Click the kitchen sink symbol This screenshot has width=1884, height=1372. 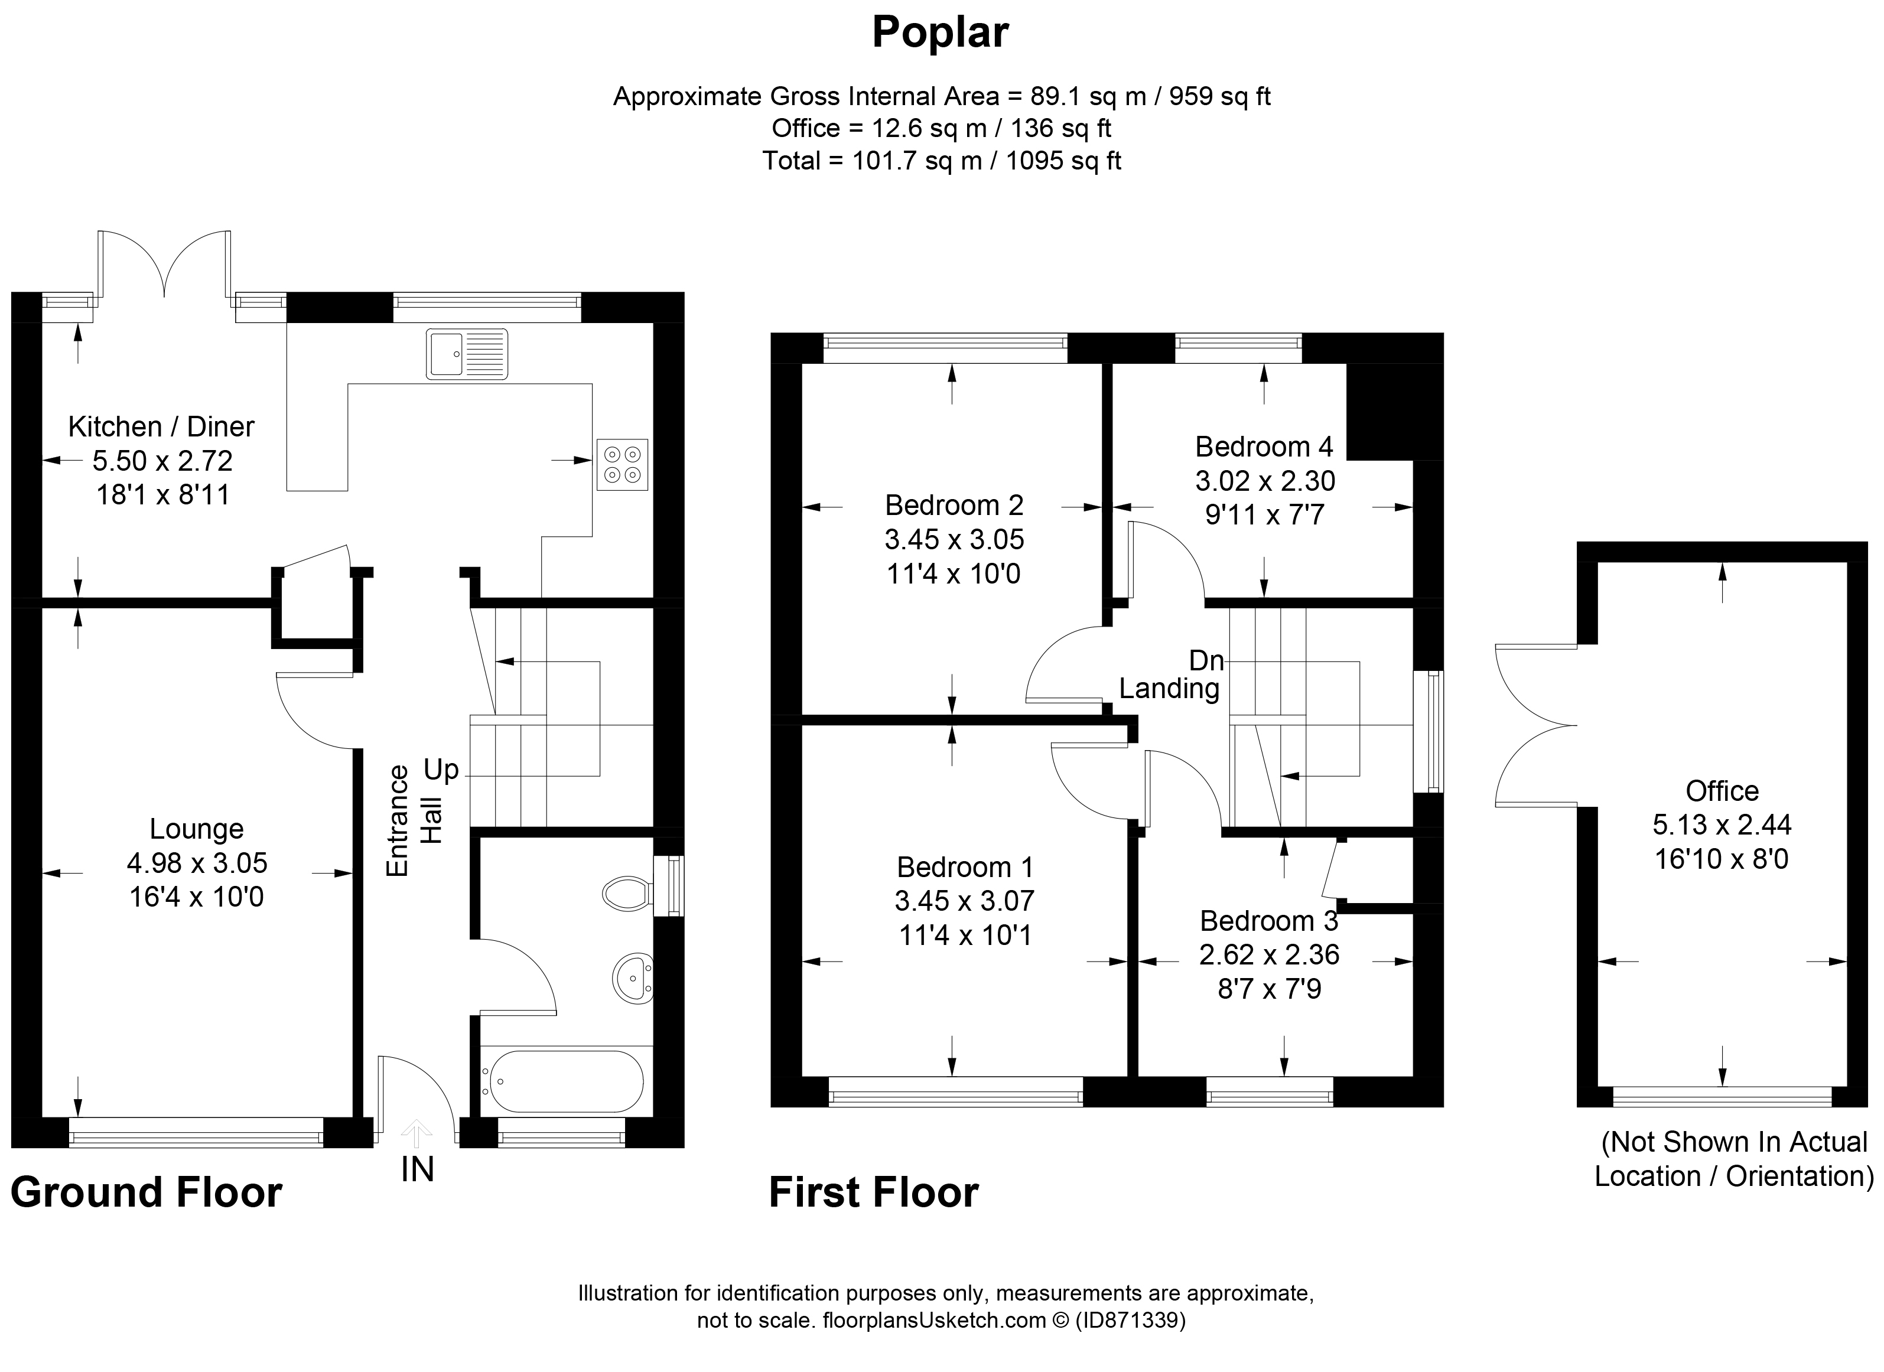click(466, 354)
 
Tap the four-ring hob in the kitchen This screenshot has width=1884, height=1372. click(622, 464)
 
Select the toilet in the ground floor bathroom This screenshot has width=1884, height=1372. click(626, 894)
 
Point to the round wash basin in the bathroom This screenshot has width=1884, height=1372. click(633, 977)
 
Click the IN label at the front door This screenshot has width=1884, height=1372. click(417, 1169)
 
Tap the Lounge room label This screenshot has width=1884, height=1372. click(196, 828)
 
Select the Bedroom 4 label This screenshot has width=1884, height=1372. click(1264, 447)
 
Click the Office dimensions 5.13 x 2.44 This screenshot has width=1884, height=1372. click(1721, 824)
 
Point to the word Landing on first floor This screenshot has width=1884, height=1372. click(1169, 689)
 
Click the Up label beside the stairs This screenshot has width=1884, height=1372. click(441, 770)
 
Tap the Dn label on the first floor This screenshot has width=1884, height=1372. click(1206, 660)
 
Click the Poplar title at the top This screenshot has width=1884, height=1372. click(941, 33)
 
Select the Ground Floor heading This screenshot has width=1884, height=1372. click(146, 1192)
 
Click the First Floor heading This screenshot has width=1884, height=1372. click(873, 1192)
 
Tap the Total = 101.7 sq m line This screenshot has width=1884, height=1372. click(941, 160)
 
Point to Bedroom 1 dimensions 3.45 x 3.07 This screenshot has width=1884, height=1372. click(964, 901)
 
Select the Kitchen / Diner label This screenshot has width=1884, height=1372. click(161, 427)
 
